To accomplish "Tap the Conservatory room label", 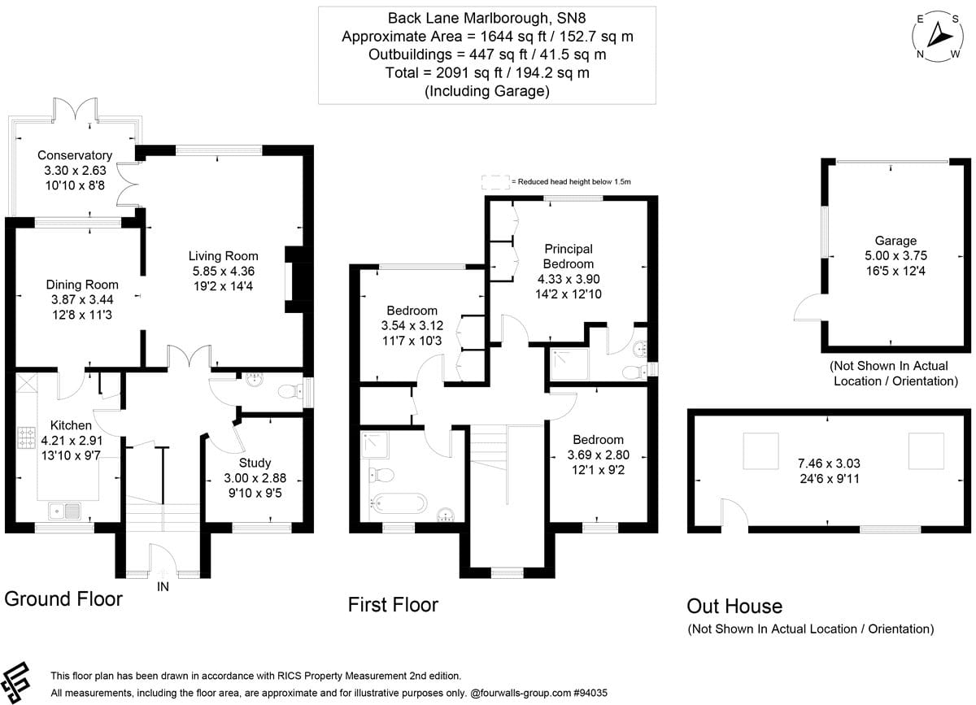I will (x=74, y=155).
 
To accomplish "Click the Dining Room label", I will (x=82, y=285).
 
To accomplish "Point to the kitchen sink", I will (x=64, y=511).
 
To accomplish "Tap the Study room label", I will (x=255, y=463).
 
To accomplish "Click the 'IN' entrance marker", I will (x=163, y=586).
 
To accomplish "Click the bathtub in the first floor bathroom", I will (x=399, y=503).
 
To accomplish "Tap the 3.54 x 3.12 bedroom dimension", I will (x=412, y=325).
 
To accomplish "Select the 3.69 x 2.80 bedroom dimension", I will (x=597, y=455).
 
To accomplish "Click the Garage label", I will (x=895, y=241).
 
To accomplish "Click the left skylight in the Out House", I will (x=761, y=451).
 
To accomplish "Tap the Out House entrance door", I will (x=735, y=516).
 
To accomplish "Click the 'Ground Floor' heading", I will (x=63, y=599).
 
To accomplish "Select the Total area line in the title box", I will (x=486, y=73).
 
